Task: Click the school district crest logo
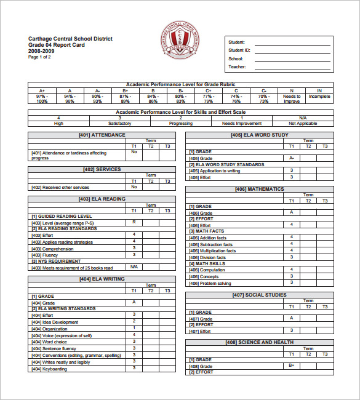pyautogui.click(x=179, y=41)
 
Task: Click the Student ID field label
pyautogui.click(x=239, y=50)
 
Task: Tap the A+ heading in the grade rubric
pyautogui.click(x=42, y=90)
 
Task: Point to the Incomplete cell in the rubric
pyautogui.click(x=319, y=97)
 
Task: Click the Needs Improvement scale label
pyautogui.click(x=241, y=123)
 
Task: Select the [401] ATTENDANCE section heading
pyautogui.click(x=102, y=135)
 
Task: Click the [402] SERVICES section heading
pyautogui.click(x=102, y=169)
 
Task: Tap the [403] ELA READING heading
pyautogui.click(x=102, y=199)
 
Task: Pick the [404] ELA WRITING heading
pyautogui.click(x=102, y=279)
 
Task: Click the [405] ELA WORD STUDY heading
pyautogui.click(x=259, y=135)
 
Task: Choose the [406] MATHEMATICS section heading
pyautogui.click(x=259, y=189)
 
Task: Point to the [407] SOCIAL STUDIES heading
pyautogui.click(x=259, y=295)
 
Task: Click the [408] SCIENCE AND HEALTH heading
pyautogui.click(x=259, y=342)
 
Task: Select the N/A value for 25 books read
pyautogui.click(x=134, y=267)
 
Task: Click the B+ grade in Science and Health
pyautogui.click(x=292, y=366)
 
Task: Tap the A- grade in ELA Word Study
pyautogui.click(x=292, y=158)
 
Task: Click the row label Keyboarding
pyautogui.click(x=55, y=369)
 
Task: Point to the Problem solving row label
pyautogui.click(x=215, y=284)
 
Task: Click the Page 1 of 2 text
pyautogui.click(x=40, y=57)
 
